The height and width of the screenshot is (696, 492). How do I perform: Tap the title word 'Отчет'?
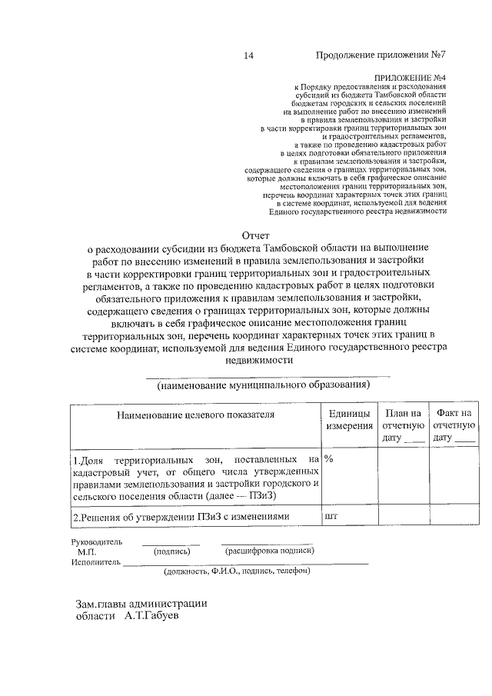point(257,234)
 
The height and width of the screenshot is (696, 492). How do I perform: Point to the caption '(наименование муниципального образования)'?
point(263,384)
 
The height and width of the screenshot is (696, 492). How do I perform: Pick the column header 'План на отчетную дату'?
point(403,425)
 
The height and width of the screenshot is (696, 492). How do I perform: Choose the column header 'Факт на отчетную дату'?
point(454,425)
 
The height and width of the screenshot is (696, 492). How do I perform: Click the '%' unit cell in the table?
point(329,458)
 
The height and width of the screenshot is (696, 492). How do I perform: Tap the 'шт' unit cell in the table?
point(332,516)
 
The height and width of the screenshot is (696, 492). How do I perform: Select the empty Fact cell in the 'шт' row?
point(454,517)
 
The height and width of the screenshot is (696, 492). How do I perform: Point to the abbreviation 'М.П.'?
point(86,551)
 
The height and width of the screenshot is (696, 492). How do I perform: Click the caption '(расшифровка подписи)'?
point(268,551)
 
